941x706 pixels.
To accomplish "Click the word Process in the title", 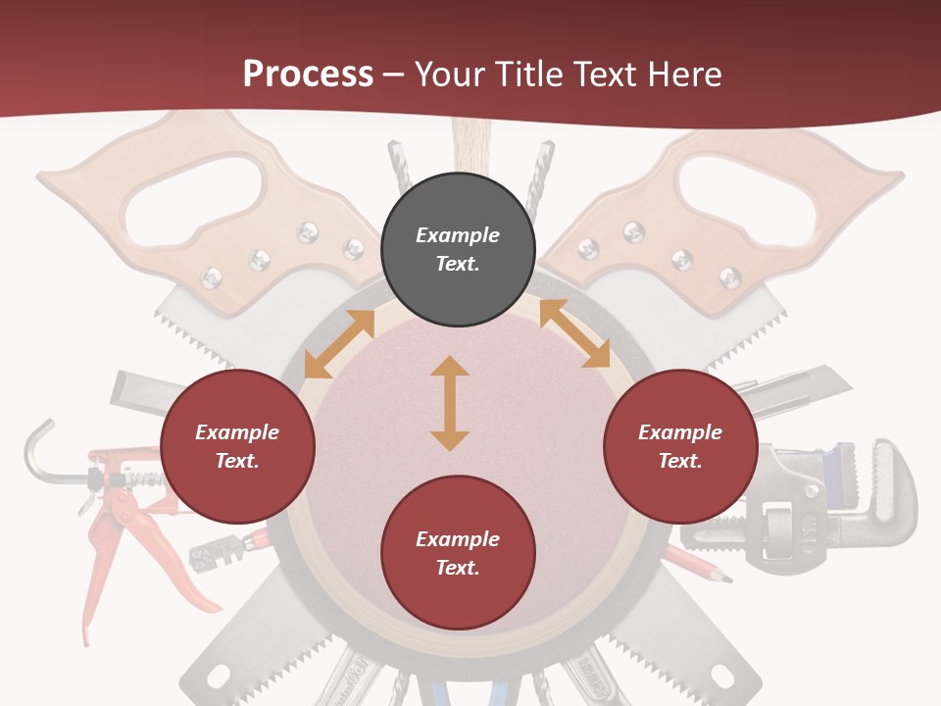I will point(308,75).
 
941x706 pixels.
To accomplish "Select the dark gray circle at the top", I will point(458,250).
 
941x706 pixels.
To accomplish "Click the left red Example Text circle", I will point(237,446).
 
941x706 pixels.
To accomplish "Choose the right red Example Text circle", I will point(680,446).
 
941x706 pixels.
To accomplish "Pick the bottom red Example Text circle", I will point(458,553).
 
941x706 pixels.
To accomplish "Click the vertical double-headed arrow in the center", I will point(450,403).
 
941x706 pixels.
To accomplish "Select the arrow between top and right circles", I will point(574,333).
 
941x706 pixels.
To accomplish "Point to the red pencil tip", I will point(724,580).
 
